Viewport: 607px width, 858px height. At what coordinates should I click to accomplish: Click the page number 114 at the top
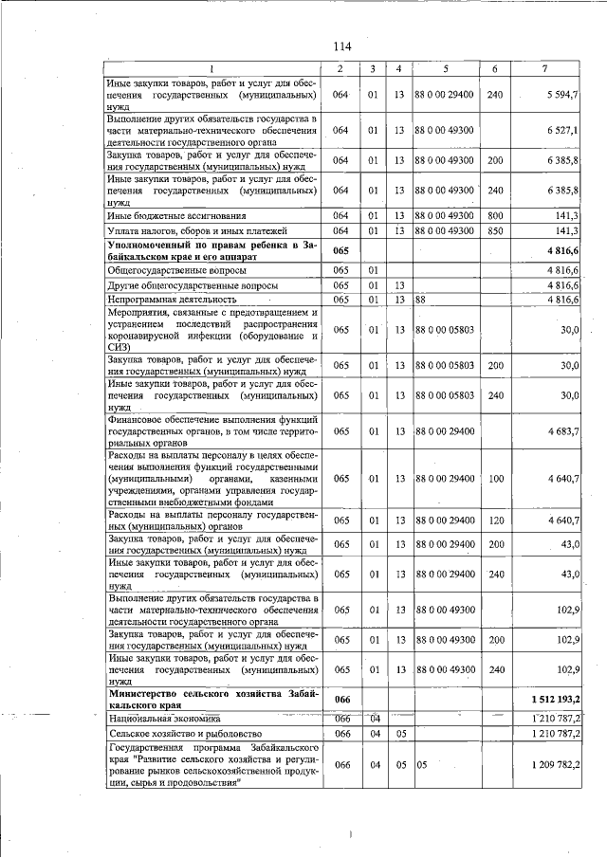(342, 46)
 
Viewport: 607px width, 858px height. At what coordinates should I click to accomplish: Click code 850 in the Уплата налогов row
(494, 230)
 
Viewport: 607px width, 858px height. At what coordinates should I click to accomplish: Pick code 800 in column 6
(494, 215)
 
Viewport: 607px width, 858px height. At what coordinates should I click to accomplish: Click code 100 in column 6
(494, 478)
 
